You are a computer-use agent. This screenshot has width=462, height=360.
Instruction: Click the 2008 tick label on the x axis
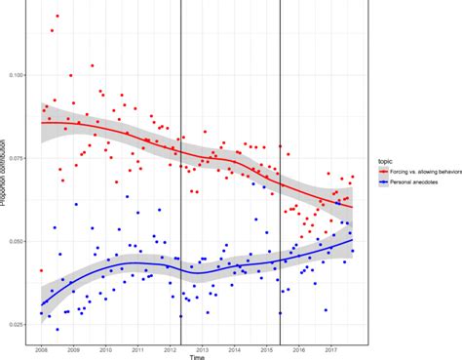tap(42, 348)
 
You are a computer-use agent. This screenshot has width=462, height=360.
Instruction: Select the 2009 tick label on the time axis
tap(74, 348)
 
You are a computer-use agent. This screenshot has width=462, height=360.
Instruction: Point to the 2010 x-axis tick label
tap(106, 348)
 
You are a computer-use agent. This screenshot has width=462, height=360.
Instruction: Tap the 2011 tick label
tap(138, 348)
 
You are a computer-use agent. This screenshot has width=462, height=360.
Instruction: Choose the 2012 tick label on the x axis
tap(171, 348)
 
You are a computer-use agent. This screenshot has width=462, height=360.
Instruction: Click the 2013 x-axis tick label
tap(203, 348)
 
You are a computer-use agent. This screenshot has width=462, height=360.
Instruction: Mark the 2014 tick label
tap(235, 348)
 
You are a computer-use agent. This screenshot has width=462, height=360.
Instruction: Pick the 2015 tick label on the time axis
tap(267, 348)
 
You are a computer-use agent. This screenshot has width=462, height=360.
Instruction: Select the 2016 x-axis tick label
tap(299, 348)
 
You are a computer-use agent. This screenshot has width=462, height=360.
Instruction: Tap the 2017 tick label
tap(331, 348)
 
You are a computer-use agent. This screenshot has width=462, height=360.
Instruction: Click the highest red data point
tap(58, 16)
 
